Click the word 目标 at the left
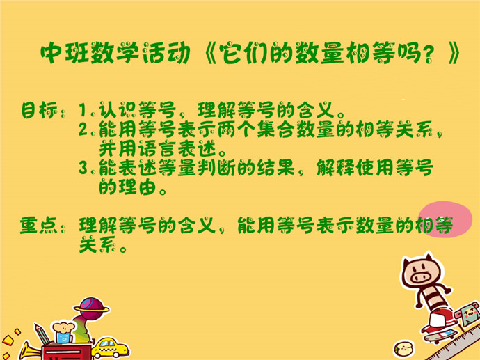coord(39,110)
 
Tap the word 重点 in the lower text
coord(38,225)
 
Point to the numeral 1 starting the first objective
coord(83,110)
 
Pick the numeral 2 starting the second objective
coord(83,129)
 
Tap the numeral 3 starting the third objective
coord(83,168)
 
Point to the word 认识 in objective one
coord(118,110)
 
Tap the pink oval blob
coord(445,219)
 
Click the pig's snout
coord(421,277)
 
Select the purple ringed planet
coord(91,308)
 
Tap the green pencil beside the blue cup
coord(42,334)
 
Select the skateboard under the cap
coord(440,335)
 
